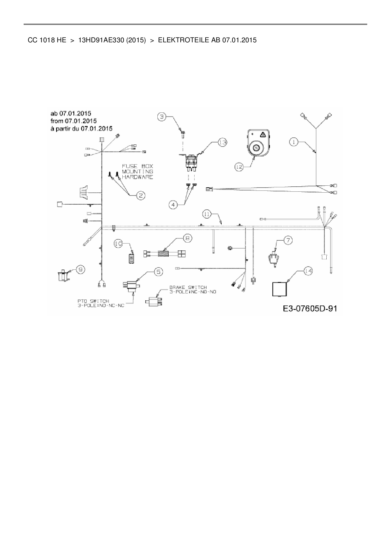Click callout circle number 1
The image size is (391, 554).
294,142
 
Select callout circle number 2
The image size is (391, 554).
141,196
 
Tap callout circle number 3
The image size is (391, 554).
162,117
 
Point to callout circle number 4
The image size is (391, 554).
173,205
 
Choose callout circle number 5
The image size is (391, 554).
158,271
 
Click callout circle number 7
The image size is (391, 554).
288,240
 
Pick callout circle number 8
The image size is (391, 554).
187,238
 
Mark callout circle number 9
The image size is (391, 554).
81,269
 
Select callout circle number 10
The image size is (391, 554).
119,244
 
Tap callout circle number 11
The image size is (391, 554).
207,214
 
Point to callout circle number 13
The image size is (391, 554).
223,143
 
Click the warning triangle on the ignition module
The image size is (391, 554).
262,135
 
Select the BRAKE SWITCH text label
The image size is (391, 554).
193,290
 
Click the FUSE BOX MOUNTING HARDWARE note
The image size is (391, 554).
137,172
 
